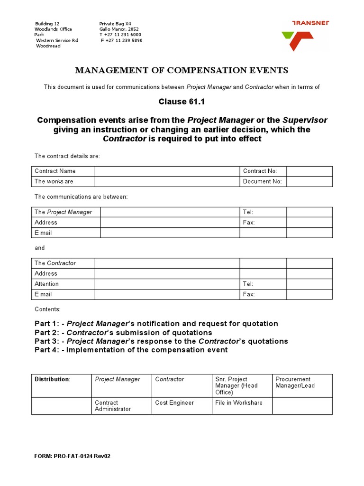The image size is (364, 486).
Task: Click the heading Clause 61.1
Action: point(182,102)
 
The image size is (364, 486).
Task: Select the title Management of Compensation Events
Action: point(182,71)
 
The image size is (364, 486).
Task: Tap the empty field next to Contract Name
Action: point(167,171)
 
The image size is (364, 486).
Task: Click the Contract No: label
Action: point(260,171)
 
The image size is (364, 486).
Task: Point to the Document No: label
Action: point(262,182)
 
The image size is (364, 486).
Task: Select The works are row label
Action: point(54,182)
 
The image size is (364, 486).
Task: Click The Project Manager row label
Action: point(64,212)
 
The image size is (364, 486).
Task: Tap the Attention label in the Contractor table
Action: point(46,284)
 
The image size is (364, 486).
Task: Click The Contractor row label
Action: point(55,263)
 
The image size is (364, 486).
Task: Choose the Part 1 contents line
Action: point(156,324)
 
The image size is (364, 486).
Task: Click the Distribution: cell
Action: point(53,379)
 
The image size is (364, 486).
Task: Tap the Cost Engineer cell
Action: point(174,402)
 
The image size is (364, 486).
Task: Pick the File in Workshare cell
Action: point(238,402)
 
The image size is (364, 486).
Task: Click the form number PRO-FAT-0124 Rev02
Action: point(73,456)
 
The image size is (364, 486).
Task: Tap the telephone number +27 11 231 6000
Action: point(120,35)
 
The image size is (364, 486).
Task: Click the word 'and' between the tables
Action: point(40,248)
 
